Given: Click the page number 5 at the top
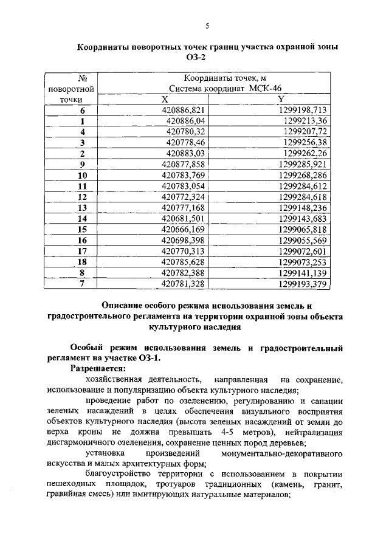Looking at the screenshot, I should pos(207,26).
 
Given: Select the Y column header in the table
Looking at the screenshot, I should pos(280,100).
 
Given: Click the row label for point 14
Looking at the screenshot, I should pos(82,219).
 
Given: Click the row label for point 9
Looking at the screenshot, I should pos(82,164).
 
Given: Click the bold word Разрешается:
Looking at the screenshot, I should pos(98,369).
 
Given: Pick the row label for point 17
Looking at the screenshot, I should pos(82,251).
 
